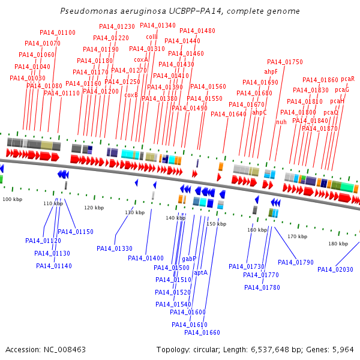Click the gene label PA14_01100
tap(58, 32)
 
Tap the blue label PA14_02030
tap(335, 269)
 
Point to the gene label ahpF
tap(271, 71)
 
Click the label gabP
tap(189, 259)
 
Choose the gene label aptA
tap(200, 272)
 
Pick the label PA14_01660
tap(202, 332)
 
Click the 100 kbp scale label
tap(11, 199)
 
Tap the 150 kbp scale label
tap(216, 224)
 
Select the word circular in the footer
tap(211, 349)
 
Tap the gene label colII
tap(152, 37)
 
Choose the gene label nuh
tap(281, 122)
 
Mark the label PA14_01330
tap(115, 248)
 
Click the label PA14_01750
tap(285, 62)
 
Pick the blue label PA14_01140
tap(54, 266)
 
